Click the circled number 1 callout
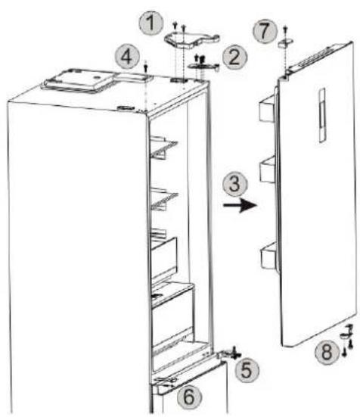(151, 23)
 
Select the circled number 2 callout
(235, 58)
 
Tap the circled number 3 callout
(235, 184)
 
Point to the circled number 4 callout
(127, 57)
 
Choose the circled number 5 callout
(247, 370)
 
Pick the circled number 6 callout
(189, 397)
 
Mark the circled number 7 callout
(265, 31)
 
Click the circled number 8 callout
(327, 353)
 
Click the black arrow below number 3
(241, 205)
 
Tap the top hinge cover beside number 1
(191, 39)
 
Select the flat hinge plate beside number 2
(203, 66)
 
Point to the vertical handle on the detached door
(321, 115)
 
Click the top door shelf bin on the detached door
(268, 108)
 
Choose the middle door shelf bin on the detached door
(268, 170)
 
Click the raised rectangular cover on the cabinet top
(79, 81)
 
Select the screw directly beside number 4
(146, 66)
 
